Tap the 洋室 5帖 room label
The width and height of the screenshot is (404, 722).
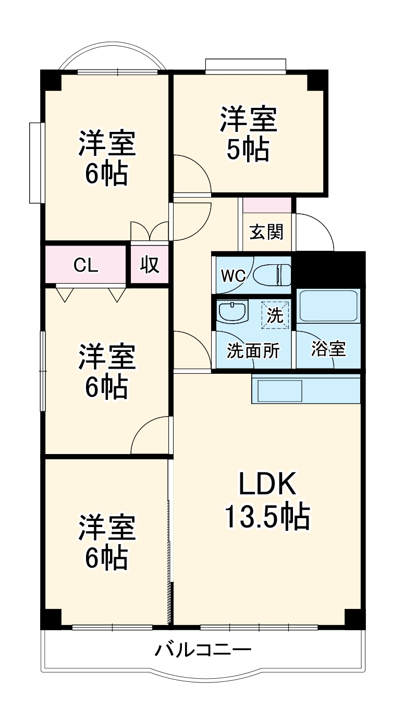[248, 134]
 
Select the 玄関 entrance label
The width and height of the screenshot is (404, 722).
[266, 232]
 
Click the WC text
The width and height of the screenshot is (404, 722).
[232, 276]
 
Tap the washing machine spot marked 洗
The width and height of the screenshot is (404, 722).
[275, 315]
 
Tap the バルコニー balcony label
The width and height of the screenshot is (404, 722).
[203, 651]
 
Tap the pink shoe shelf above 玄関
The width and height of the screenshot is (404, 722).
[267, 205]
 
